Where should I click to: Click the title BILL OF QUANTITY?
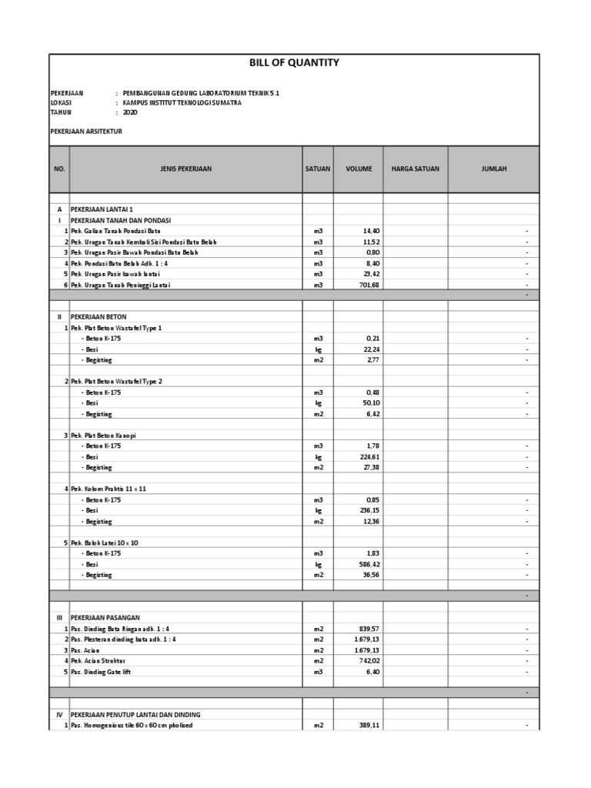click(x=294, y=63)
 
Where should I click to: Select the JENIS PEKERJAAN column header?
click(x=186, y=169)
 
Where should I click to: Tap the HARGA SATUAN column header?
click(x=415, y=169)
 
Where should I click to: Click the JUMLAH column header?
click(x=493, y=169)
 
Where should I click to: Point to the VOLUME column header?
click(x=358, y=169)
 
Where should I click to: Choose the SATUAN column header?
click(x=317, y=169)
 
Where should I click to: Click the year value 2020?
click(x=129, y=112)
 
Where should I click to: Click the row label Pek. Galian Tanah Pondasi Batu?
click(x=120, y=231)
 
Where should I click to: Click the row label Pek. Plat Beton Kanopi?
click(x=112, y=436)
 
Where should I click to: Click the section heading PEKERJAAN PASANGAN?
click(x=103, y=618)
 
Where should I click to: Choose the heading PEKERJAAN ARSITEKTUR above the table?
click(x=86, y=132)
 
